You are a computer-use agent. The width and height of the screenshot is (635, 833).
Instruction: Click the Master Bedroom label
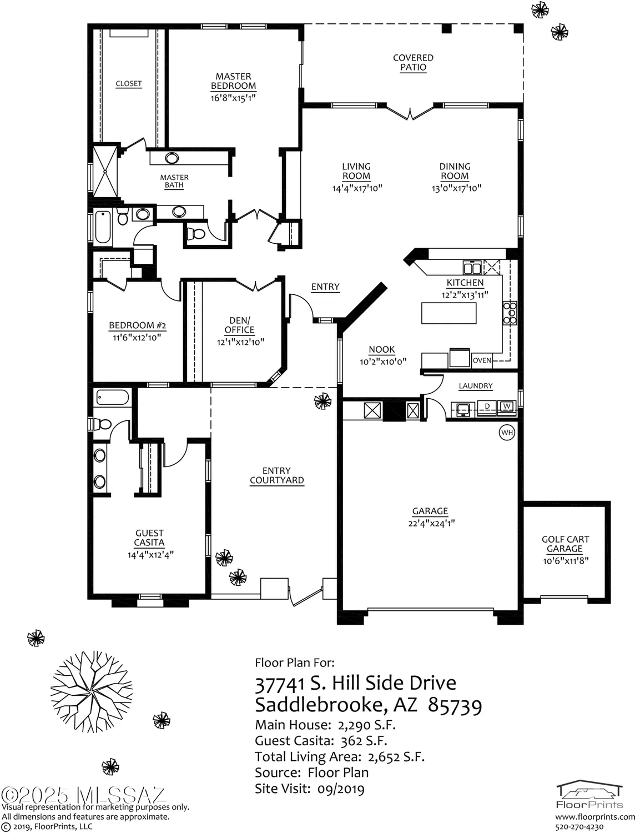pyautogui.click(x=233, y=81)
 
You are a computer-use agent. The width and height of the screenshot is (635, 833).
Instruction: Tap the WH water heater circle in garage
pyautogui.click(x=507, y=432)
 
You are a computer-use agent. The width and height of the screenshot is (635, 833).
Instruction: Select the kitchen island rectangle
pyautogui.click(x=448, y=313)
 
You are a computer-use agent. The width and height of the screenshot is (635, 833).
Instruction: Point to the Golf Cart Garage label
pyautogui.click(x=565, y=544)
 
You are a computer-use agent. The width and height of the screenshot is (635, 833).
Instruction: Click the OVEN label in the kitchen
pyautogui.click(x=482, y=360)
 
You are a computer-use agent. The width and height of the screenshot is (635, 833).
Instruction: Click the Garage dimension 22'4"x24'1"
pyautogui.click(x=431, y=523)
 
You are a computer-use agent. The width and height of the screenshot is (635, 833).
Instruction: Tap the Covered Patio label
pyautogui.click(x=413, y=62)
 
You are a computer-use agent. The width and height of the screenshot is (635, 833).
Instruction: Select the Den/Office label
pyautogui.click(x=240, y=325)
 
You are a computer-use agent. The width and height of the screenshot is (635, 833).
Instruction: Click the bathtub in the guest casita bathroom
pyautogui.click(x=113, y=398)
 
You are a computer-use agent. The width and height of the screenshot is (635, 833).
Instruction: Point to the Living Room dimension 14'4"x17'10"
pyautogui.click(x=357, y=188)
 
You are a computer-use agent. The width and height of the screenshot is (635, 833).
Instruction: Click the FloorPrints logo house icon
pyautogui.click(x=589, y=790)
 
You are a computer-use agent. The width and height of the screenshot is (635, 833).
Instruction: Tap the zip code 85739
pyautogui.click(x=455, y=705)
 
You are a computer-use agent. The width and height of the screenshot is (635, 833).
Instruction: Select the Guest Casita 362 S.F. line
pyautogui.click(x=321, y=741)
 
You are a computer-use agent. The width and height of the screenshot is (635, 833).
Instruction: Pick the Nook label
pyautogui.click(x=382, y=349)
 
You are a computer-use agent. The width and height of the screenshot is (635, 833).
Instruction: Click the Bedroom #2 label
pyautogui.click(x=137, y=325)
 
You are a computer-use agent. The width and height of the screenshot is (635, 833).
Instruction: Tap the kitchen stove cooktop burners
pyautogui.click(x=510, y=313)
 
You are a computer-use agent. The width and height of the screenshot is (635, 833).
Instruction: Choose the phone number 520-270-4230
pyautogui.click(x=579, y=827)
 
